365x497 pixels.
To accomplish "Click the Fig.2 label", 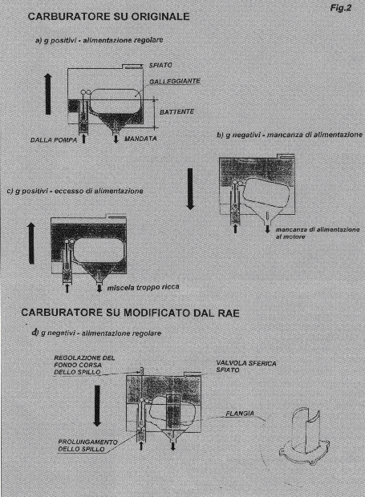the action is pyautogui.click(x=341, y=7).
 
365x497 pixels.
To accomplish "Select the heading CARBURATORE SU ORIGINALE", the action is pyautogui.click(x=109, y=17).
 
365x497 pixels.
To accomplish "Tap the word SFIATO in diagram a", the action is pyautogui.click(x=160, y=65).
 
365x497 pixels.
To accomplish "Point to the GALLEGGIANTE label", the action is pyautogui.click(x=175, y=82).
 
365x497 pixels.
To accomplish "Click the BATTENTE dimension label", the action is pyautogui.click(x=176, y=111).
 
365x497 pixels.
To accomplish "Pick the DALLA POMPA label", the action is pyautogui.click(x=54, y=139).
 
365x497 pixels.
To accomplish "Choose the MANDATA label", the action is pyautogui.click(x=140, y=139).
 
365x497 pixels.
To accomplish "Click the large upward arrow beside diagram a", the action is pyautogui.click(x=48, y=94).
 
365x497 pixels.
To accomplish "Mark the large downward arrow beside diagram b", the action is pyautogui.click(x=190, y=188).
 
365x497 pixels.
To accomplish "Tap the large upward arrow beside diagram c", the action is pyautogui.click(x=31, y=243).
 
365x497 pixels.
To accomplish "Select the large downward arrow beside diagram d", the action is pyautogui.click(x=97, y=406).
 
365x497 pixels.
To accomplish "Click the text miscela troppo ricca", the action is pyautogui.click(x=143, y=287).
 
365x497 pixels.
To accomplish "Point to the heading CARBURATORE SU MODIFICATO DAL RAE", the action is pyautogui.click(x=130, y=313).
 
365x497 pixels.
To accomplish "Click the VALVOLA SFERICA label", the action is pyautogui.click(x=246, y=363).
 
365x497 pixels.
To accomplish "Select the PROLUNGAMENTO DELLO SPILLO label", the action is pyautogui.click(x=87, y=446).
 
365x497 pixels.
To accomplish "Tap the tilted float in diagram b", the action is pyautogui.click(x=266, y=192).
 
